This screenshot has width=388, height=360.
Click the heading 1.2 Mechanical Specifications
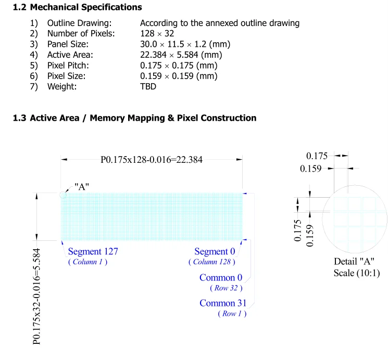point(77,7)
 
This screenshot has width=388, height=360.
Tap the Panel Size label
point(68,44)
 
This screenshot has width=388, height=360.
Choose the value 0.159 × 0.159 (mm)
point(179,76)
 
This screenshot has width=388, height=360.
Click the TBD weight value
point(148,86)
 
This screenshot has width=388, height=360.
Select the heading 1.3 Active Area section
point(134,118)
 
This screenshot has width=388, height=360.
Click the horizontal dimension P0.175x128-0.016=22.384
point(152,160)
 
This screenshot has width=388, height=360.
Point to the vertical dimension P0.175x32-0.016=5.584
point(37,295)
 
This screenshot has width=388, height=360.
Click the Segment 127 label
point(93,252)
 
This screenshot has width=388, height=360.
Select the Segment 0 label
point(215,252)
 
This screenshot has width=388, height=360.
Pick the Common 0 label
point(217,277)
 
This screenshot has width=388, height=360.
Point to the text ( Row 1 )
point(229,314)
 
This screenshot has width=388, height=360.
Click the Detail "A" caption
point(354,262)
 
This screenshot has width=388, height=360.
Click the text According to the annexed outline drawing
point(220,23)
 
